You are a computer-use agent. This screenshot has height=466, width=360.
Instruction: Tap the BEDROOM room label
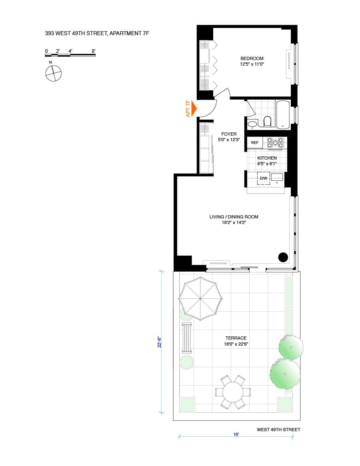coord(252,58)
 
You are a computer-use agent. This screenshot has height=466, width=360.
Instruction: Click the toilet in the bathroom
coord(267,121)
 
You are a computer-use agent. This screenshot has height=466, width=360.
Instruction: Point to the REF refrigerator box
coord(255,143)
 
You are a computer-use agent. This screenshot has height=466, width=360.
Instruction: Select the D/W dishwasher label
coord(263,178)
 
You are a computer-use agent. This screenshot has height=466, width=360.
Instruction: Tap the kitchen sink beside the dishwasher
coord(277,177)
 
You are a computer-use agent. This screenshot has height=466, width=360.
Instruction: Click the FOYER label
coord(229,134)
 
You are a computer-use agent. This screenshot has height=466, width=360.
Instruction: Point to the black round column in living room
coord(283,257)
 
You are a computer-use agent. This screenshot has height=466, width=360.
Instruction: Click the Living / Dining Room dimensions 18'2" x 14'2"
coord(234,223)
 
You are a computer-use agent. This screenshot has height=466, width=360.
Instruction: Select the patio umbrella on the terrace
coord(200,299)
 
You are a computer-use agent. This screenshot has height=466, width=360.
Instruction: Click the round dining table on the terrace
coord(233,392)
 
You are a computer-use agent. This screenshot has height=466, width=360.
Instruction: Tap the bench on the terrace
coord(186,338)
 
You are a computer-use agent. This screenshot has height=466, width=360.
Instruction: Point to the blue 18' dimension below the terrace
coord(236,434)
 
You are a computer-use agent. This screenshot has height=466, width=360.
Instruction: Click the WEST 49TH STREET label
coord(278,430)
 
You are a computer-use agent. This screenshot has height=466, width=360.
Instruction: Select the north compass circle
coord(53,73)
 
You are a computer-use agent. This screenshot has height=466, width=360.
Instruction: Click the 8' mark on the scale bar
coord(93,51)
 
